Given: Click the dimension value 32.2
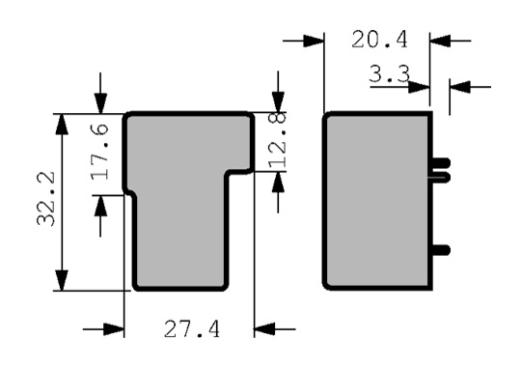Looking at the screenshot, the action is tap(46, 199).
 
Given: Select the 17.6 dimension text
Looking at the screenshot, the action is tap(100, 152).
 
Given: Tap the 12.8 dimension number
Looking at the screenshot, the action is tap(277, 140).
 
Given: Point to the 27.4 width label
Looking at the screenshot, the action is tap(192, 329).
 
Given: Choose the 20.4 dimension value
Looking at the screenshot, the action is tap(379, 40).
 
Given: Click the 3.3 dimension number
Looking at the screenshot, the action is tap(389, 73).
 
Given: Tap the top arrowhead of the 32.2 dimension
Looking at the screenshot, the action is tap(61, 124).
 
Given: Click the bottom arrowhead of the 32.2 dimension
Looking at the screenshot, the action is tap(61, 280).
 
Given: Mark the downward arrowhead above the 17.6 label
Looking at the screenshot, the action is tap(100, 103).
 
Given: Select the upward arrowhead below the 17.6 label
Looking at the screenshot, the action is tap(100, 206).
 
